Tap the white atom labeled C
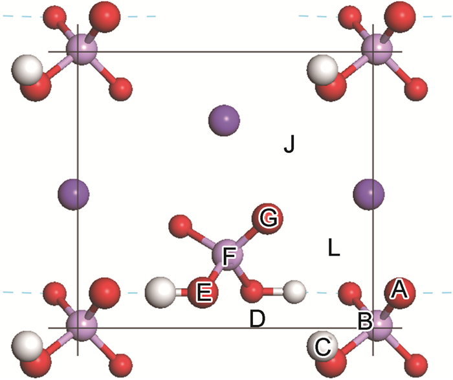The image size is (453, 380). (x=322, y=344)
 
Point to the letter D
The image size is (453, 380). (x=258, y=318)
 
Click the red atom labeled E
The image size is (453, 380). (x=203, y=292)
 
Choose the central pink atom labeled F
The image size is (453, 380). (x=228, y=257)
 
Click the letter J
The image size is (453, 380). (x=289, y=144)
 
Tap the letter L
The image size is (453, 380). (x=334, y=247)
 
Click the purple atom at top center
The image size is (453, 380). (x=224, y=119)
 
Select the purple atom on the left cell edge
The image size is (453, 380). (x=74, y=192)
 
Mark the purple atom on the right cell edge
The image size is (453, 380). (x=370, y=192)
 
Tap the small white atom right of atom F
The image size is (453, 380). (x=294, y=291)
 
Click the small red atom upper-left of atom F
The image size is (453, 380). (x=179, y=227)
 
